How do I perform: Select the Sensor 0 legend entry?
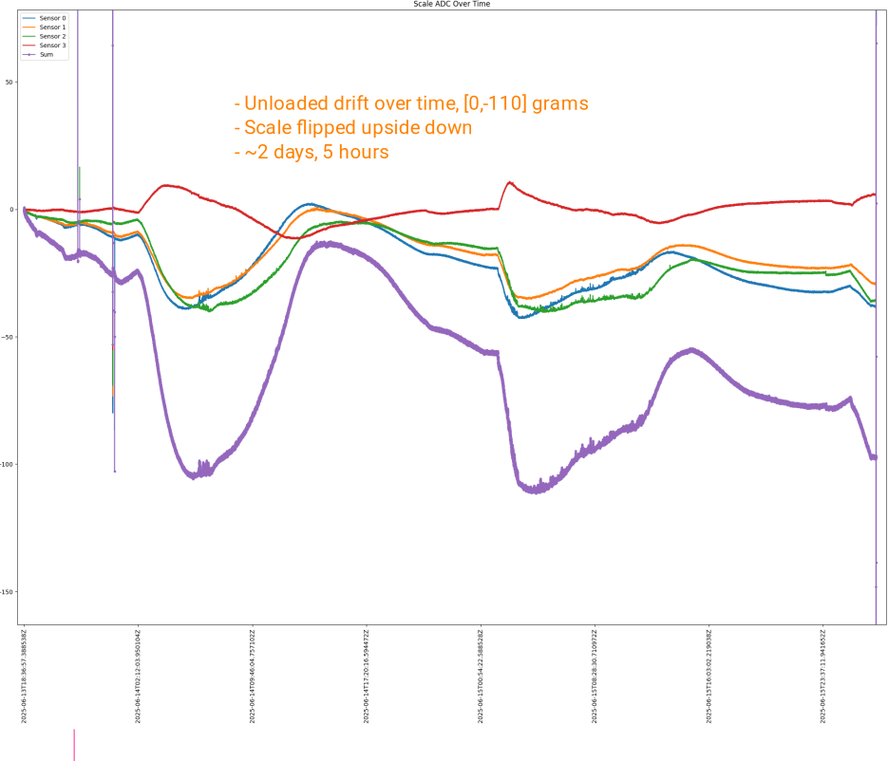(51, 18)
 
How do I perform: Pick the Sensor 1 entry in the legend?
(51, 28)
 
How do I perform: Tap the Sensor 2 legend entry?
(51, 36)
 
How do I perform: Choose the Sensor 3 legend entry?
(51, 46)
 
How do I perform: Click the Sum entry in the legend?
(47, 54)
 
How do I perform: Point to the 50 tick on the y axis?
(9, 82)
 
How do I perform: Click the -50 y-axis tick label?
(9, 337)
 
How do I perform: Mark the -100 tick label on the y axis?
(8, 464)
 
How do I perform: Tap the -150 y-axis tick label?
(8, 592)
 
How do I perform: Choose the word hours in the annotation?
(362, 153)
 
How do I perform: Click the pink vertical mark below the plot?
(73, 744)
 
